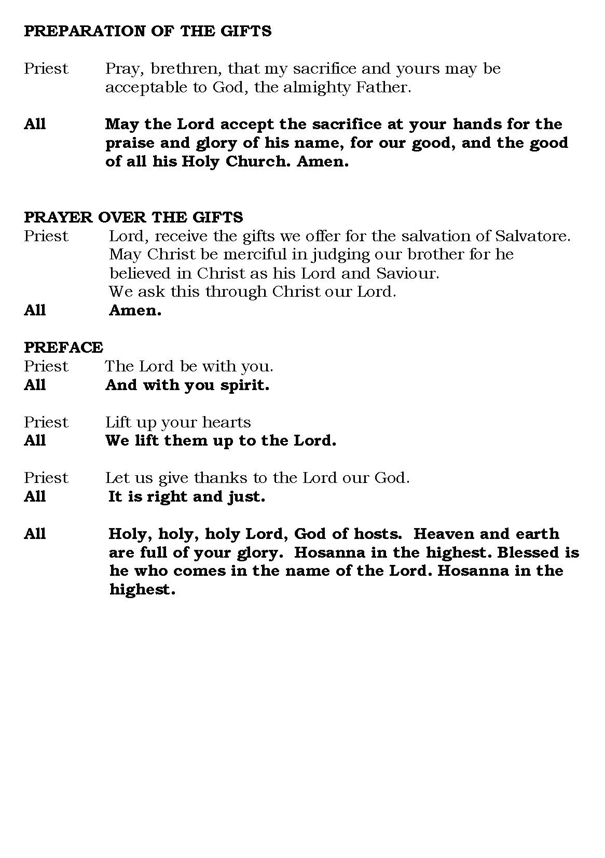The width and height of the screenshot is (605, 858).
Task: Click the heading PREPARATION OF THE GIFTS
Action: (x=147, y=31)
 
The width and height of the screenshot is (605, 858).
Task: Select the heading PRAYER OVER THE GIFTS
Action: (x=133, y=217)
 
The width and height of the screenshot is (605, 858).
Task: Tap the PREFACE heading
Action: (x=63, y=347)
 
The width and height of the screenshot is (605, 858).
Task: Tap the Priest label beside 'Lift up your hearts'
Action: (x=46, y=422)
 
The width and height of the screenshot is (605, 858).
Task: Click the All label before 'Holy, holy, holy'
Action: (x=35, y=534)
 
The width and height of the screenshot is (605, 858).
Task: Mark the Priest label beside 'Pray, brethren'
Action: (x=46, y=68)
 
